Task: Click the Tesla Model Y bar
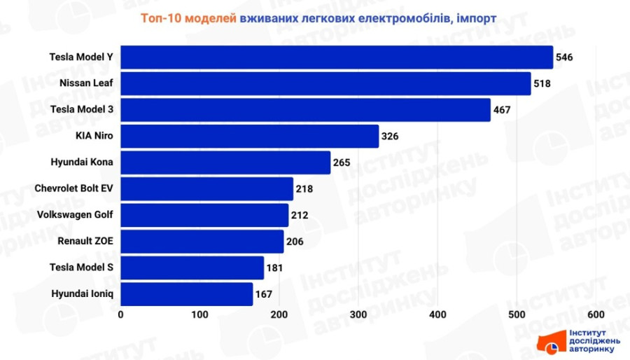pyautogui.click(x=337, y=57)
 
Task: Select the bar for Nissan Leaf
pyautogui.click(x=325, y=83)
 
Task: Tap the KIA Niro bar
pyautogui.click(x=250, y=136)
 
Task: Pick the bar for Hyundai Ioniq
pyautogui.click(x=187, y=294)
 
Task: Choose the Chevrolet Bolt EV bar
pyautogui.click(x=207, y=188)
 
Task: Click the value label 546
pyautogui.click(x=564, y=57)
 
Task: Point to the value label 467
pyautogui.click(x=502, y=110)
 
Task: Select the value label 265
pyautogui.click(x=342, y=162)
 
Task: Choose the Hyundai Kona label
pyautogui.click(x=81, y=162)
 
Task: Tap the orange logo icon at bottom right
pyautogui.click(x=549, y=342)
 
